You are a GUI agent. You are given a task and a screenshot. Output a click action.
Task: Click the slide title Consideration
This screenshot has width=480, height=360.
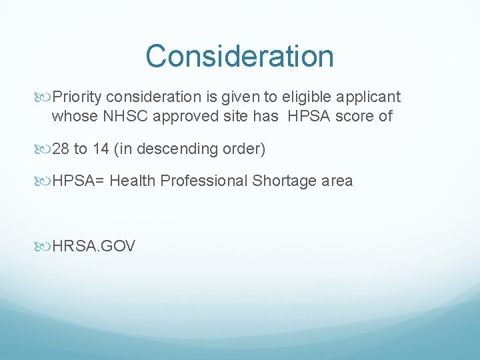tap(239, 56)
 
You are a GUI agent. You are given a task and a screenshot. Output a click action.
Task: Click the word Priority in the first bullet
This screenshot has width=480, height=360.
tap(75, 97)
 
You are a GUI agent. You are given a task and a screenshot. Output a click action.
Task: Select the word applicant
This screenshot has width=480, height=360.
tap(371, 97)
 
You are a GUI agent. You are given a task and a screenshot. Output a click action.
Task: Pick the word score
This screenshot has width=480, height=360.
tap(359, 116)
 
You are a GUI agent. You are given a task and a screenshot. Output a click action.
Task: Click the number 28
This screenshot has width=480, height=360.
tap(61, 149)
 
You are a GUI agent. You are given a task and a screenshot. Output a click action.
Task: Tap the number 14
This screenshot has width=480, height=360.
tap(101, 149)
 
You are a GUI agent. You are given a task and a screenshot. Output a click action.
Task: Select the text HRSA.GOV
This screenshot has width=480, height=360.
tap(93, 246)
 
